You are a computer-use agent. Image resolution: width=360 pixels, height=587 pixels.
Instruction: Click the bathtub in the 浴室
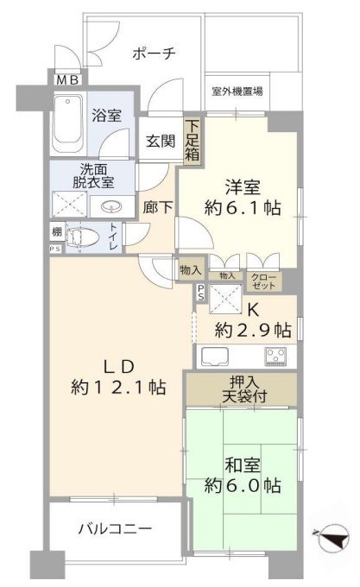67,124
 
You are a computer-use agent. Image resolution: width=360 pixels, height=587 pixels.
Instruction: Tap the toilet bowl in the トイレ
82,237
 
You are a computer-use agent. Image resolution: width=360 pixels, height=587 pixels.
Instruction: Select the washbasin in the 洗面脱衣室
111,206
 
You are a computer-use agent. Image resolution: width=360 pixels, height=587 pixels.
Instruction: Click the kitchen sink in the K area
215,357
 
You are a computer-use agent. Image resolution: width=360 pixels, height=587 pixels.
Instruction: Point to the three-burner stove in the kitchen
275,356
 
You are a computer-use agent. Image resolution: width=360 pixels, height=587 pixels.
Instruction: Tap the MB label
67,79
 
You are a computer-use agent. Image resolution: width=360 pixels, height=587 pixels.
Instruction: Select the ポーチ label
154,54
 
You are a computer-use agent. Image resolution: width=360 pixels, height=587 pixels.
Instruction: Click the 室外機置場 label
237,91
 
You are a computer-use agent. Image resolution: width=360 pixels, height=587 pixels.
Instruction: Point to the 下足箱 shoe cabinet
193,140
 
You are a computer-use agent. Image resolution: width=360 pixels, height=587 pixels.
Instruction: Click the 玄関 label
161,141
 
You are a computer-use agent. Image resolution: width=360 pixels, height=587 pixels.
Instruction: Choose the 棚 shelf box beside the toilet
57,231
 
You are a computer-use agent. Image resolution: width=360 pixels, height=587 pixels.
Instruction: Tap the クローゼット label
263,281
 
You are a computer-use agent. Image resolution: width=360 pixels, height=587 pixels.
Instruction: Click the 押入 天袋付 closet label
244,389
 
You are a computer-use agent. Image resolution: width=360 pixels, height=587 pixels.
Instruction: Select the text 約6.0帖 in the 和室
243,486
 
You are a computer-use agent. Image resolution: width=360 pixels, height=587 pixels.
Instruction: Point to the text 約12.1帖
118,387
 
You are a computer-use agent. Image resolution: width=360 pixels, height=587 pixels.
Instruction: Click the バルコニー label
115,528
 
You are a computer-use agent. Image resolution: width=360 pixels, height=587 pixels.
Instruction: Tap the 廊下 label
158,206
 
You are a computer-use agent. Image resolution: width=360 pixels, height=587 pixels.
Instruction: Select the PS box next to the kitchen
201,293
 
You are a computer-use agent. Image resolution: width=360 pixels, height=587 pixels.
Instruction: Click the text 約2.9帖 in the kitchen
253,330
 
